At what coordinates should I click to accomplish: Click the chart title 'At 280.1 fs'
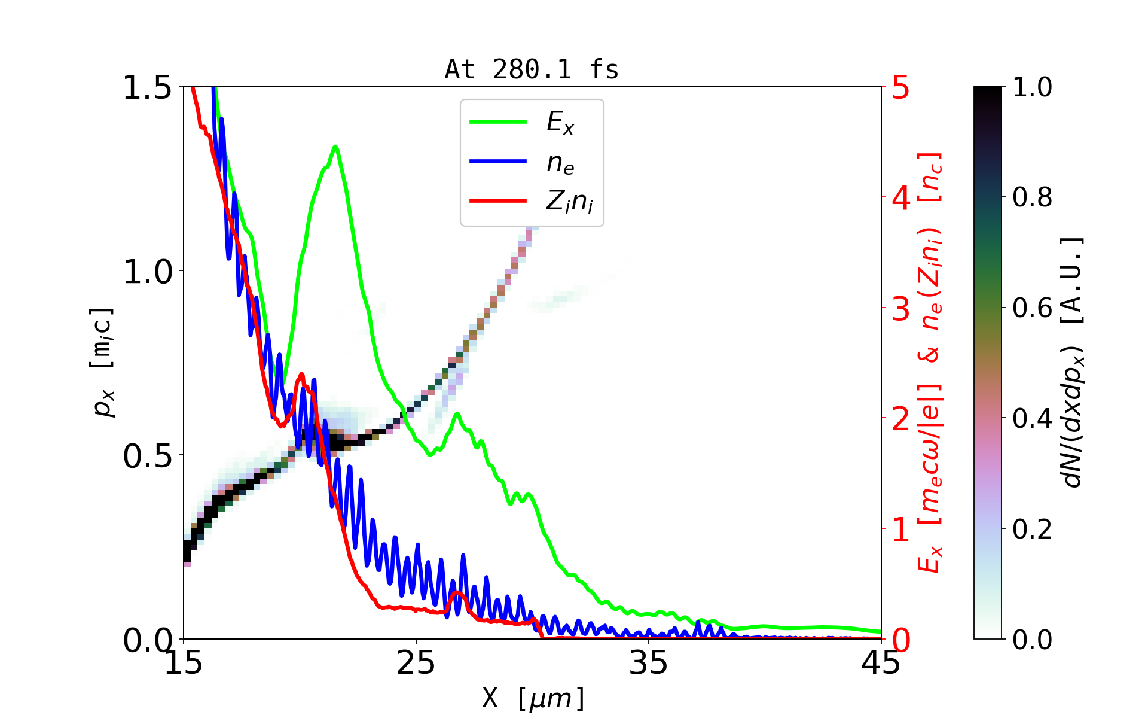tap(532, 70)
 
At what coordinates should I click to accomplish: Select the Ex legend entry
tap(560, 123)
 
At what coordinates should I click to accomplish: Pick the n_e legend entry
tap(560, 162)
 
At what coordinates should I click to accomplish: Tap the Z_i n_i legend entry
tap(569, 202)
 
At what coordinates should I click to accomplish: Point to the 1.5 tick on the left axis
tap(147, 88)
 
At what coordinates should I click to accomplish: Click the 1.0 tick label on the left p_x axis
tap(147, 272)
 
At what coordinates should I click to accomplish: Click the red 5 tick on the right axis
tap(900, 88)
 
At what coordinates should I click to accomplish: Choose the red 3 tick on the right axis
tap(900, 309)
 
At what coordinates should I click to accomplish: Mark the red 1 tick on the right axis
tap(900, 530)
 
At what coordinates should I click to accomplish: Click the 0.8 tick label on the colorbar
tap(1032, 197)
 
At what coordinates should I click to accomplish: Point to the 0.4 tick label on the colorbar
tap(1032, 418)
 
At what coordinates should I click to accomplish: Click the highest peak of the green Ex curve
tap(335, 147)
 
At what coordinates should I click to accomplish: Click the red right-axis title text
tap(930, 362)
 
